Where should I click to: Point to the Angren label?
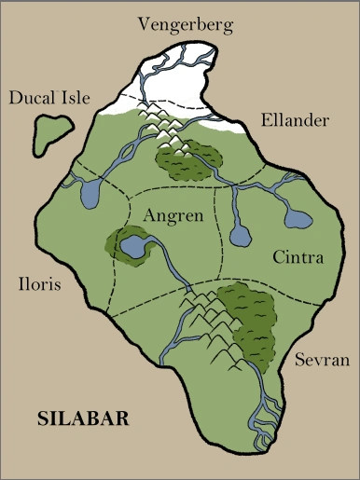173,215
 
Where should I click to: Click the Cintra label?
298,257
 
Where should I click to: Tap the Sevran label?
319,359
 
